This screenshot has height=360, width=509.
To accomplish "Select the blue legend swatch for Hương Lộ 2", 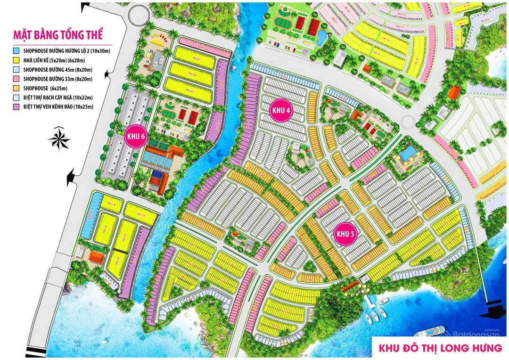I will (x=16, y=50).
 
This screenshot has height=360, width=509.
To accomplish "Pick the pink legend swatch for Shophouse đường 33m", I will (x=16, y=79).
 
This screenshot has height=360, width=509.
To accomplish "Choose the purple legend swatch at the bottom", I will (x=16, y=107).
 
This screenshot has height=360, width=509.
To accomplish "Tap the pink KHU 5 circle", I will (x=345, y=234).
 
